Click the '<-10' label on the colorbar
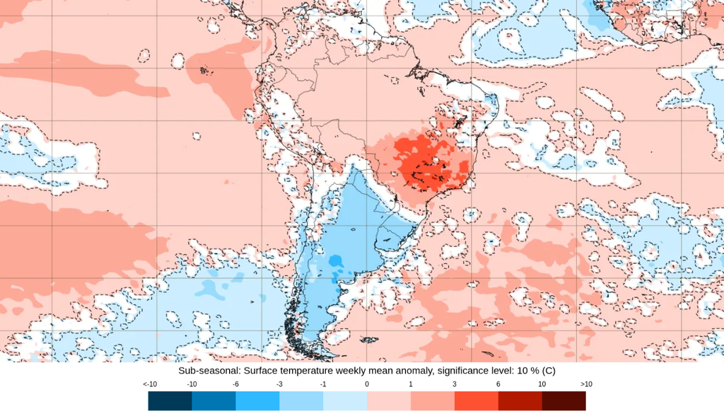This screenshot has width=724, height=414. click(149, 384)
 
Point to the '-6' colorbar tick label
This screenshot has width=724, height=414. click(235, 384)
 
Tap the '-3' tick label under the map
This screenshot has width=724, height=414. click(279, 384)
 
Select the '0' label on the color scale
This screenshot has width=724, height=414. click(367, 384)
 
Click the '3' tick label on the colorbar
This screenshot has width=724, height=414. click(455, 384)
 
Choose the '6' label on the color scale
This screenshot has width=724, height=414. click(498, 384)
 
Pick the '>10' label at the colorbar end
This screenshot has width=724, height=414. click(586, 384)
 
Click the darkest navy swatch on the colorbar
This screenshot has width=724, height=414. click(170, 401)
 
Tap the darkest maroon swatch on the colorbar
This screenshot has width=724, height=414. click(564, 401)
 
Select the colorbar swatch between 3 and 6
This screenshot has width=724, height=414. click(476, 401)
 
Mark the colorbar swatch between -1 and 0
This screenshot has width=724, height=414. click(345, 401)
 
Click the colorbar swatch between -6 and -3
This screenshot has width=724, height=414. click(257, 401)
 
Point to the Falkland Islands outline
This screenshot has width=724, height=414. click(369, 340)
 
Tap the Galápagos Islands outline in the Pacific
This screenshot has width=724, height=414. click(206, 70)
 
